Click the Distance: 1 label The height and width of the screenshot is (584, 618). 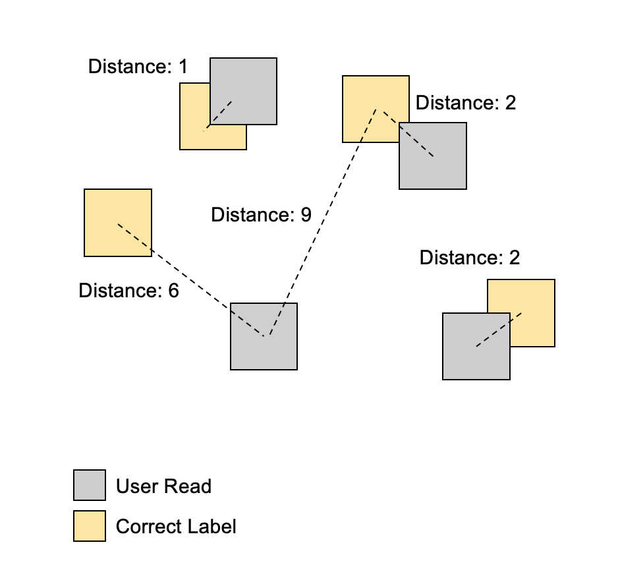[138, 67]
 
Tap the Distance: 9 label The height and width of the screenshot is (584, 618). [261, 216]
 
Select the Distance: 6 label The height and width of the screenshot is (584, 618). [128, 291]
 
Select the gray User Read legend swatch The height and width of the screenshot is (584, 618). [90, 486]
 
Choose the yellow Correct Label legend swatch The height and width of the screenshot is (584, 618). [90, 526]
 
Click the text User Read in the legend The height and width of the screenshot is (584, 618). [163, 487]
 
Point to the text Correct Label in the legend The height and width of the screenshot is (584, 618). [175, 527]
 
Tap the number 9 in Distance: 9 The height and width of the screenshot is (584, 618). [306, 216]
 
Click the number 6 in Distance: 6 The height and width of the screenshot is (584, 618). [173, 291]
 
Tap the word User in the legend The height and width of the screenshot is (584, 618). [137, 487]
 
